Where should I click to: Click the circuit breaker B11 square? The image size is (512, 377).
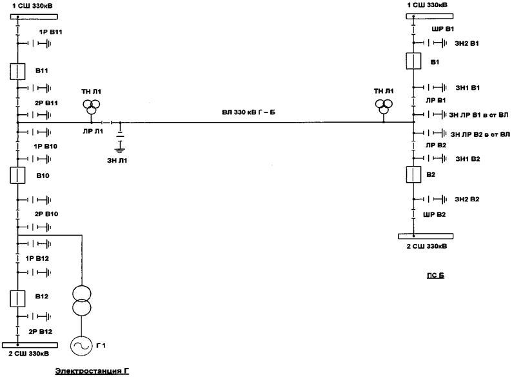18,71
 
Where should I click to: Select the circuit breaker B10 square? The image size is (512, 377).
18,175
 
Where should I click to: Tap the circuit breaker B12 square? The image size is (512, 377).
18,298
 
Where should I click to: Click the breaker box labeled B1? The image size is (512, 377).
413,62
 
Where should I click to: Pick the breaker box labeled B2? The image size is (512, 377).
413,175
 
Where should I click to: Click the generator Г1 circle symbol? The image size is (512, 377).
83,346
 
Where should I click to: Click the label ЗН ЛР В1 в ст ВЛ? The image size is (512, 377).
478,114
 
